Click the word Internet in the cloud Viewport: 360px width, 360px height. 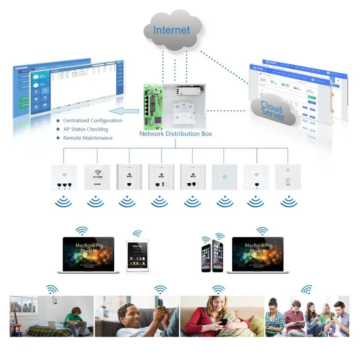171,30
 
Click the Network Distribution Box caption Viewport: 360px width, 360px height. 175,134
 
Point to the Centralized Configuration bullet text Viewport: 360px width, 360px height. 92,121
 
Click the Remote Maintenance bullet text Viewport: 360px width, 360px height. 87,138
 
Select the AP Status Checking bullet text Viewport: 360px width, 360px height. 85,129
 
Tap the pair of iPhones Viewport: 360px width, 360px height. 211,255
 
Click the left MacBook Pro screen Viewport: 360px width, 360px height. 88,253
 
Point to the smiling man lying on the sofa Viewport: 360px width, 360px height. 135,318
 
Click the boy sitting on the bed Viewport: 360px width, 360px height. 75,318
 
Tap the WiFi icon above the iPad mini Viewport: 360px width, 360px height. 137,234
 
